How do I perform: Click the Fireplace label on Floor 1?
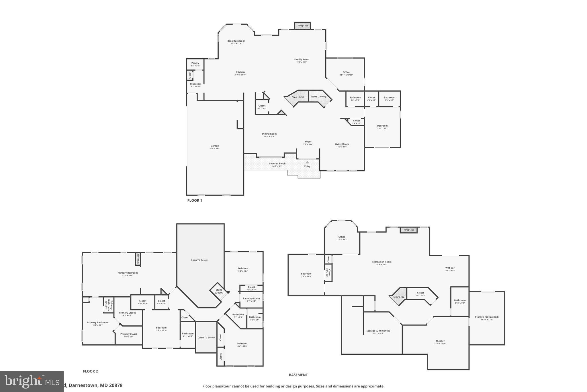303,26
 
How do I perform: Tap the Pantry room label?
195,63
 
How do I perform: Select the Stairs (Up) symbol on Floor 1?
298,97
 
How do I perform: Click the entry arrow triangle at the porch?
307,162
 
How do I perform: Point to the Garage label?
215,146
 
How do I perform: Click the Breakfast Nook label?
236,41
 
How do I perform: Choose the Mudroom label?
196,84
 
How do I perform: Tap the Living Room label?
342,144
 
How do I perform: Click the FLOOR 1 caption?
195,200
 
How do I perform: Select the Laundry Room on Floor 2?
251,299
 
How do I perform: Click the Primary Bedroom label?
128,273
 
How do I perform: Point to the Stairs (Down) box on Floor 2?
219,291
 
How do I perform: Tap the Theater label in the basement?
440,341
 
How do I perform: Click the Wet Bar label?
450,268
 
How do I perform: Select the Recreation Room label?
381,262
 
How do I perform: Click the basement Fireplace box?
409,230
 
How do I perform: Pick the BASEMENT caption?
298,375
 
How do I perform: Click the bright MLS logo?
32,381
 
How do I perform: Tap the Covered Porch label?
277,164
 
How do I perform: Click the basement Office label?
342,237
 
